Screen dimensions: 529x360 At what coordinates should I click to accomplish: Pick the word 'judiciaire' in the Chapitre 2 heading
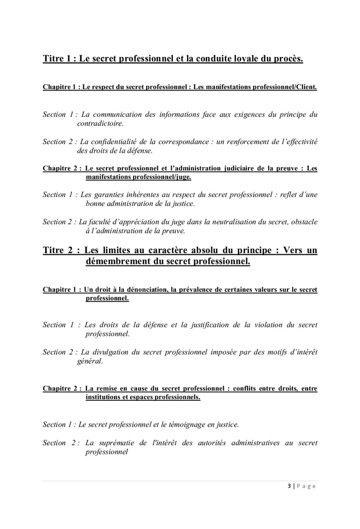tap(246, 168)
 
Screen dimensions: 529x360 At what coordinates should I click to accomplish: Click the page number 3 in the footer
tap(290, 486)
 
